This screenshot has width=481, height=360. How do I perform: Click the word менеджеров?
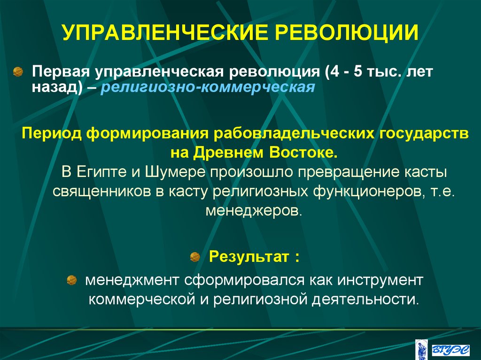(x=254, y=210)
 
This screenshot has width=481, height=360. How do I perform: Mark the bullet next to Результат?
(x=194, y=257)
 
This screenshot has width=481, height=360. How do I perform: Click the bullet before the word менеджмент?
(x=71, y=281)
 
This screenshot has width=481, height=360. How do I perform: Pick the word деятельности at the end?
(x=366, y=299)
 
